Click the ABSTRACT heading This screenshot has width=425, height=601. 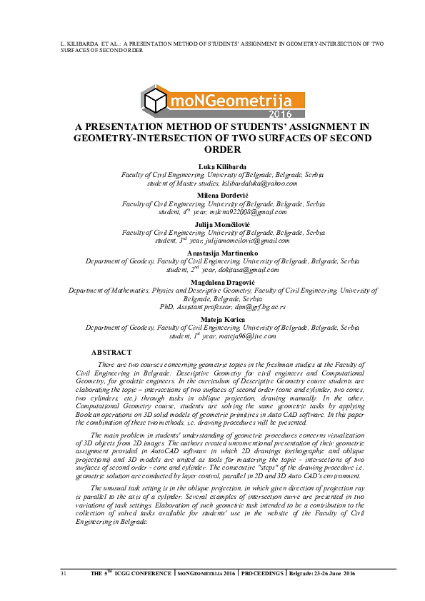coord(111,353)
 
